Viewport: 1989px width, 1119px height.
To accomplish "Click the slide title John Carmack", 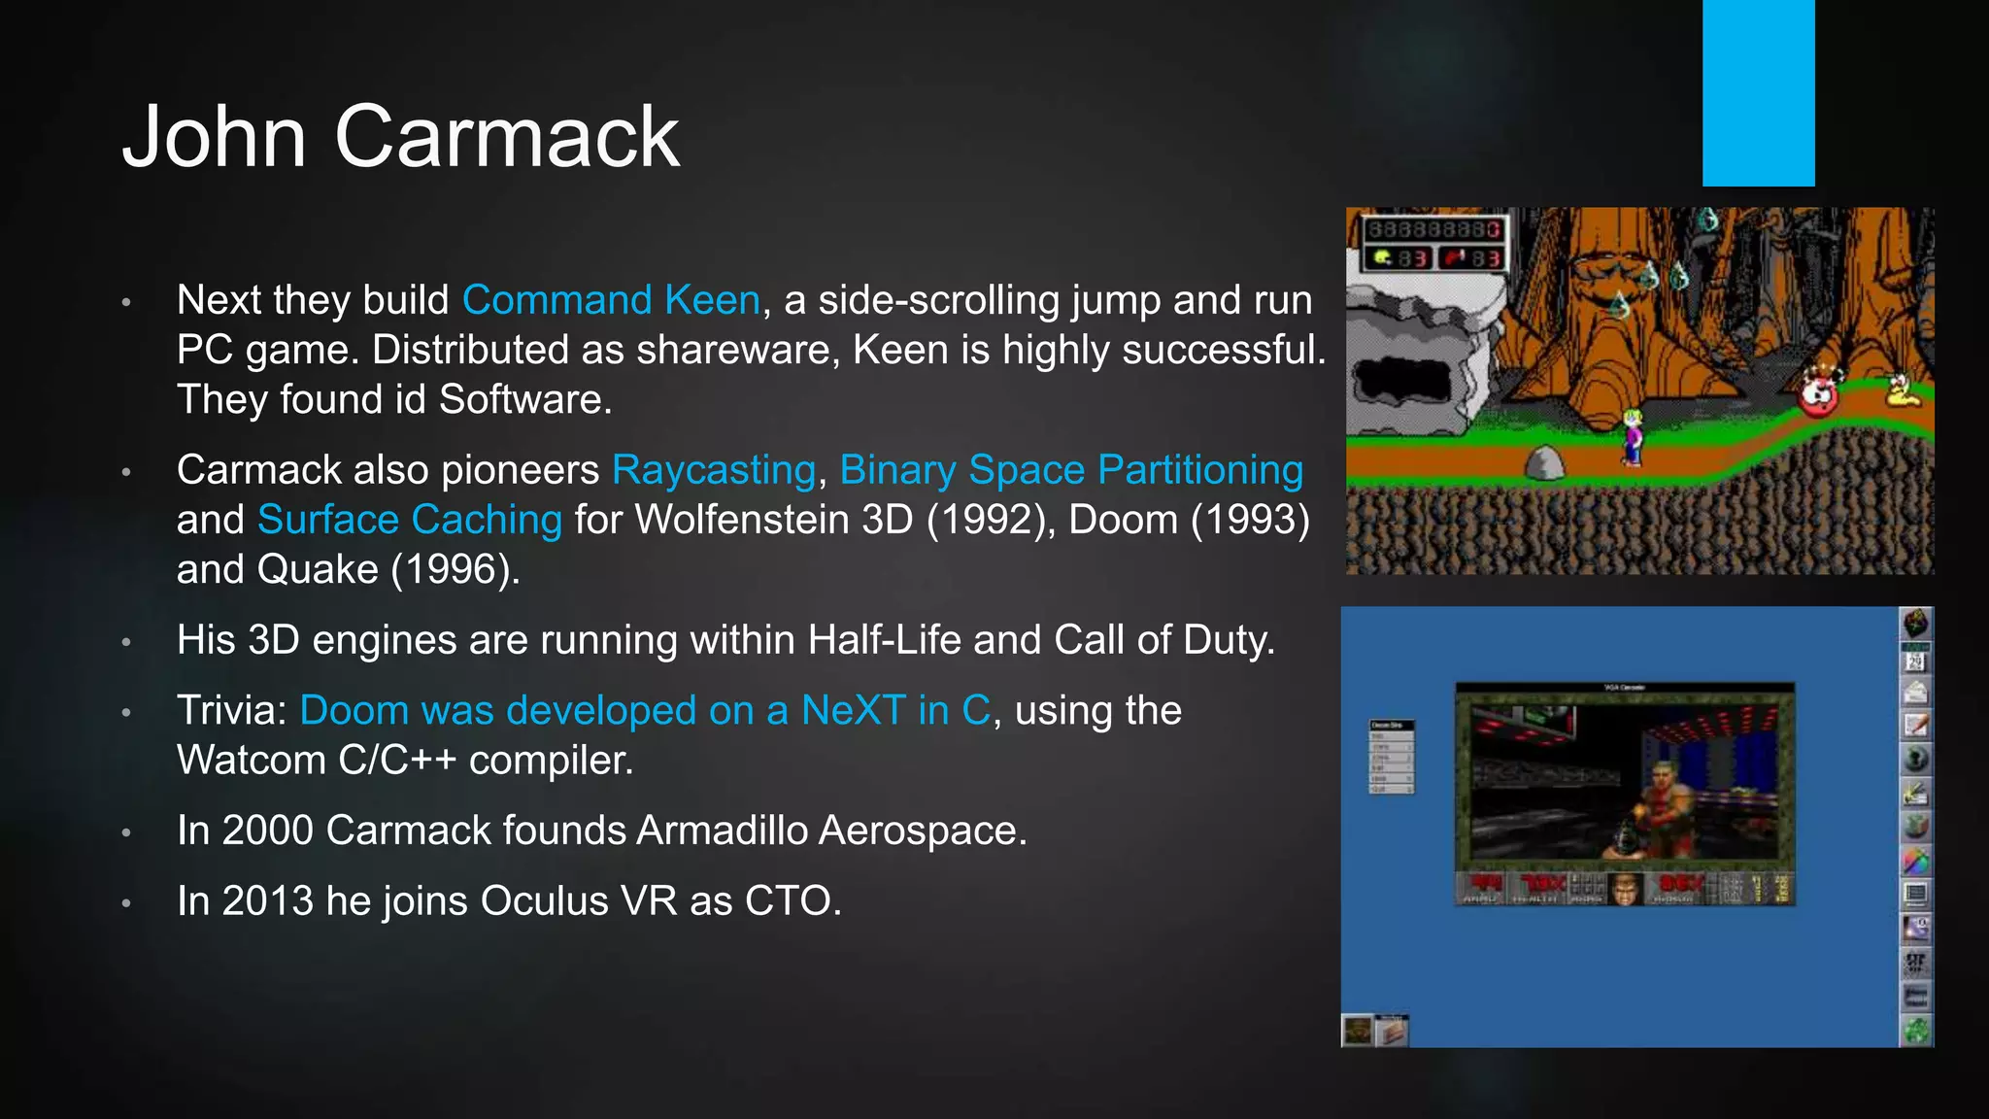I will tap(400, 137).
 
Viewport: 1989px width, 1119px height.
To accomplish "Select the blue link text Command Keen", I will tap(611, 300).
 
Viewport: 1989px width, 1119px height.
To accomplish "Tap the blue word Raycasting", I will tap(714, 470).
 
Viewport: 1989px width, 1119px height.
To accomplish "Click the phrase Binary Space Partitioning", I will tap(1070, 470).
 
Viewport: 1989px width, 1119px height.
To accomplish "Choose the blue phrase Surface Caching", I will tap(409, 520).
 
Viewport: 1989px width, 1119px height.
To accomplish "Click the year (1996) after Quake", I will tap(455, 570).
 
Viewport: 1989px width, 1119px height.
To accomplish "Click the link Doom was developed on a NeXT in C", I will tap(645, 711).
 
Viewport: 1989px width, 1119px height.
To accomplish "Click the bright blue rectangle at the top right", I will tap(1758, 92).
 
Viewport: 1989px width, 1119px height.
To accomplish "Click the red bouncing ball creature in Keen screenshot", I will tap(1818, 393).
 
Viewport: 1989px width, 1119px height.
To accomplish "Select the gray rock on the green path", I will tap(1544, 463).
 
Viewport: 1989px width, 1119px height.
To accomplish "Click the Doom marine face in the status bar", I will tap(1624, 889).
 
